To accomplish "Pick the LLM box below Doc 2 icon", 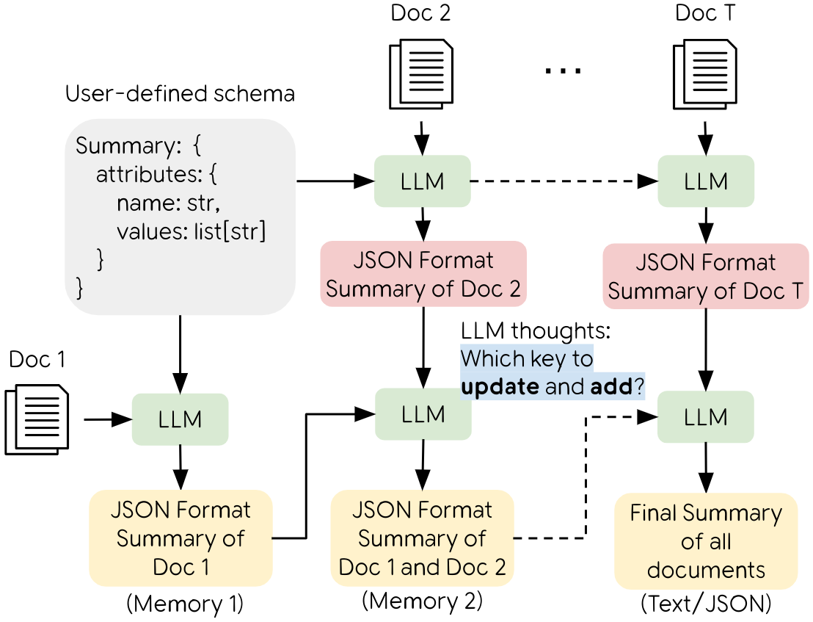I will (x=422, y=181).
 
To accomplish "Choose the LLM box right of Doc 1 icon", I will (x=181, y=419).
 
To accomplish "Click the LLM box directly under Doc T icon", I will (x=705, y=181).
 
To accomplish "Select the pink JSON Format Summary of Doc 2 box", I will (x=423, y=274).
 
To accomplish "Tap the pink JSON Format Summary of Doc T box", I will (x=705, y=275).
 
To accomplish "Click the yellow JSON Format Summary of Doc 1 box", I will (x=181, y=538).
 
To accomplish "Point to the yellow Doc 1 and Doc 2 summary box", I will (x=422, y=538).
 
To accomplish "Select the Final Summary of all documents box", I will (x=706, y=541).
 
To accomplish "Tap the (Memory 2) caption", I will (x=422, y=601).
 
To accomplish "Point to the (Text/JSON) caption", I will (x=706, y=604).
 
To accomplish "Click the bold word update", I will (x=500, y=386).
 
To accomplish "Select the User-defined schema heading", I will (x=181, y=95).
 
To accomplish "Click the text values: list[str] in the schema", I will (x=191, y=231).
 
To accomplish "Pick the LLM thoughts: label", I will (x=535, y=331).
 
